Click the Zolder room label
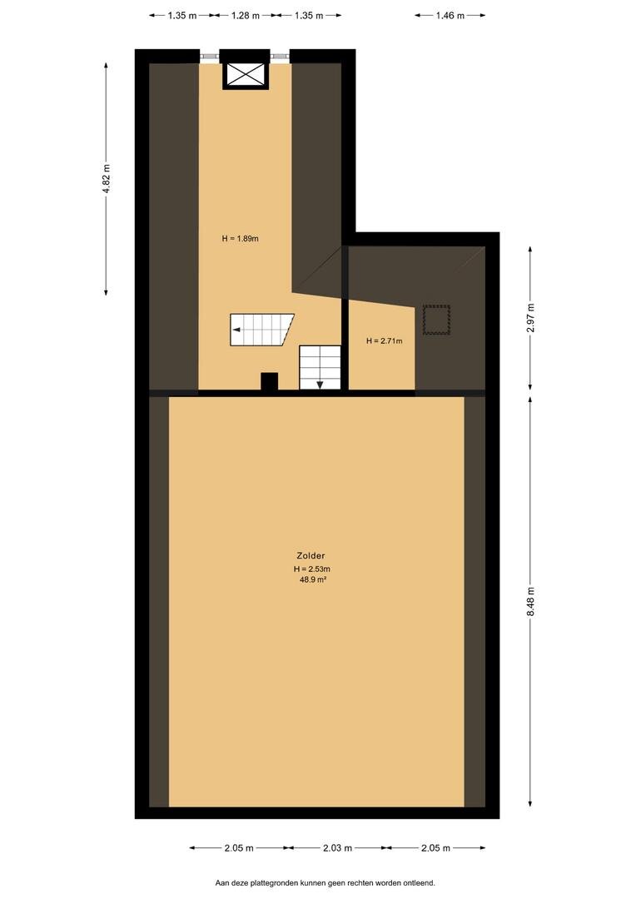click(x=311, y=555)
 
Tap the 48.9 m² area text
click(x=312, y=579)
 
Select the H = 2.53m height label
click(x=312, y=569)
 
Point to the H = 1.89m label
click(x=241, y=239)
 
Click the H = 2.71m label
click(x=385, y=341)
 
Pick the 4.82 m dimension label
click(x=107, y=179)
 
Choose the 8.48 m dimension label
click(x=531, y=602)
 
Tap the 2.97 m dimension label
click(x=531, y=318)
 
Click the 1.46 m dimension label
click(x=450, y=16)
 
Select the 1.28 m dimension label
click(x=246, y=16)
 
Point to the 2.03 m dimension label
click(x=337, y=847)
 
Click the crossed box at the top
click(x=246, y=75)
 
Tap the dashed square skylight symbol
click(x=436, y=320)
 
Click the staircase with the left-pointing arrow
click(x=261, y=330)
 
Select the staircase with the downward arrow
click(x=320, y=368)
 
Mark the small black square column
click(x=270, y=382)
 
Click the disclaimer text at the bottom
click(x=325, y=883)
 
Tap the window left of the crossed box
click(x=209, y=57)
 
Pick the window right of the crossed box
click(x=281, y=57)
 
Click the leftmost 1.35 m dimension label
click(x=182, y=16)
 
